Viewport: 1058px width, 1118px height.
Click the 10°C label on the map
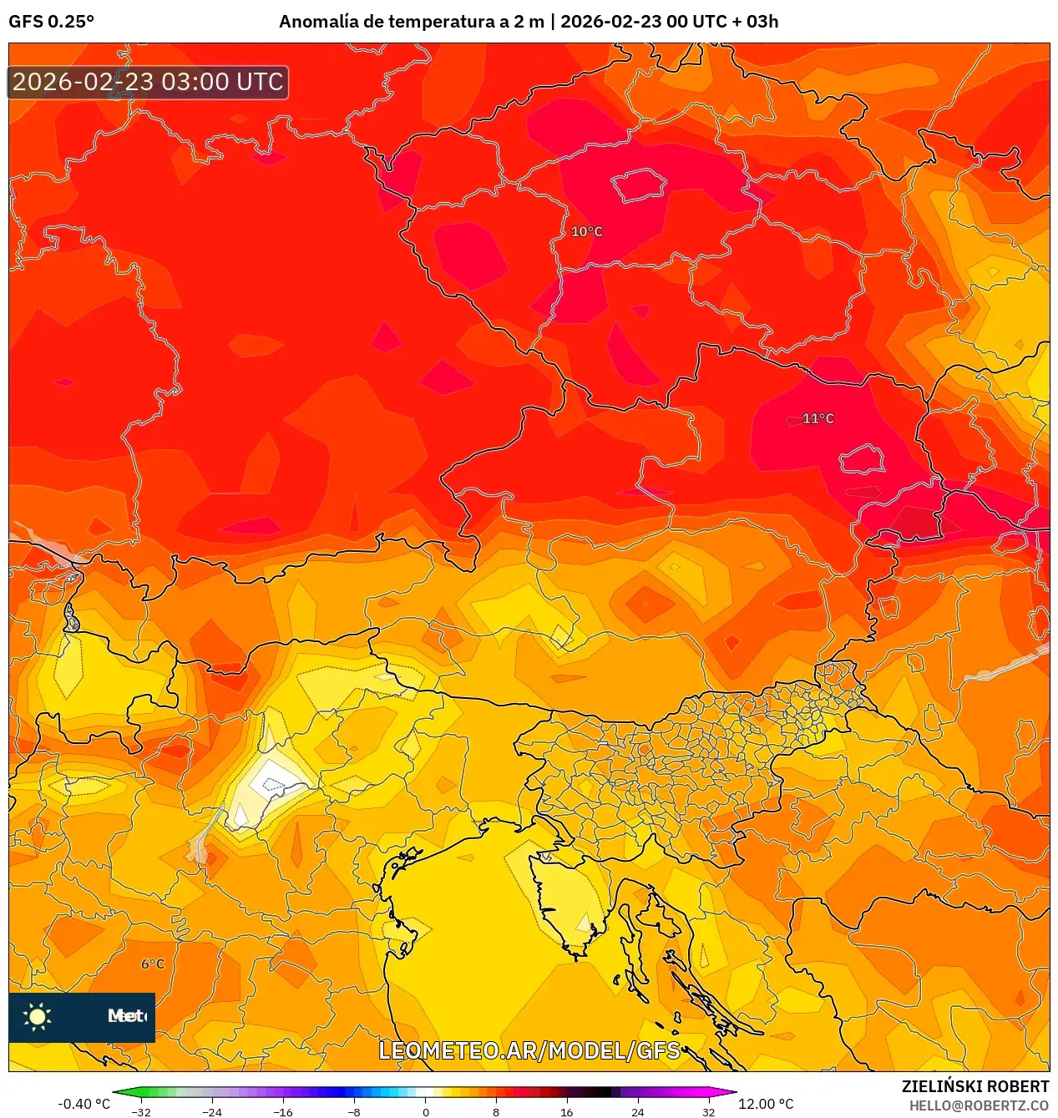point(586,231)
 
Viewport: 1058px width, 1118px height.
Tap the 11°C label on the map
point(818,418)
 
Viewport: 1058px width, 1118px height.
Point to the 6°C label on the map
point(153,964)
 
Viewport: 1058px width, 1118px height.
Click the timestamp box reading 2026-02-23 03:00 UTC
point(148,82)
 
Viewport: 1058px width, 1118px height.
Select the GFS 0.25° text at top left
point(52,22)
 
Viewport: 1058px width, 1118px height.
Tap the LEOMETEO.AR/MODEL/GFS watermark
point(529,1050)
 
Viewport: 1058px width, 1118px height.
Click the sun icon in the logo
point(38,1016)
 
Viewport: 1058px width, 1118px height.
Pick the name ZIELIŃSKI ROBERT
point(974,1086)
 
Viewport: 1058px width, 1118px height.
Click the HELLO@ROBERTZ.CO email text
point(978,1105)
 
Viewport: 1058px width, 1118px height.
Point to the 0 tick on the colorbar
point(425,1111)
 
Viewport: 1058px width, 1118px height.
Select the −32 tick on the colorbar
point(141,1111)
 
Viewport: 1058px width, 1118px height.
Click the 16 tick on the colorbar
point(567,1111)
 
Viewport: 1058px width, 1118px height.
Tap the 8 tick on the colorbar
point(496,1111)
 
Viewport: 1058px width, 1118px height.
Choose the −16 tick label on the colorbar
point(283,1111)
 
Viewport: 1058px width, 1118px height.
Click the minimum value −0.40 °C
point(84,1104)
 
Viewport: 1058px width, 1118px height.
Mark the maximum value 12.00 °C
point(766,1104)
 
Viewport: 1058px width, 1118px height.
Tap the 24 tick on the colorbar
point(638,1111)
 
